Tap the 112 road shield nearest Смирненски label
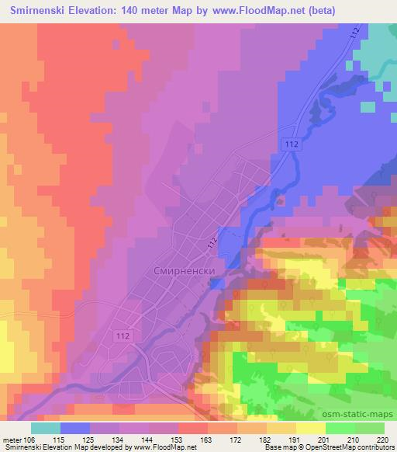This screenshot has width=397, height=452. pyautogui.click(x=212, y=244)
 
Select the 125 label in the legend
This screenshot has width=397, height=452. pyautogui.click(x=88, y=440)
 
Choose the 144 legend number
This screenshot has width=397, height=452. pyautogui.click(x=147, y=440)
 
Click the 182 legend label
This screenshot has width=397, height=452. pyautogui.click(x=266, y=440)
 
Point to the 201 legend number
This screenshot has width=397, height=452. pyautogui.click(x=325, y=440)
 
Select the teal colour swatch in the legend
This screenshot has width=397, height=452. pyautogui.click(x=46, y=428)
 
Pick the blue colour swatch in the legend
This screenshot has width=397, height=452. pyautogui.click(x=75, y=428)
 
